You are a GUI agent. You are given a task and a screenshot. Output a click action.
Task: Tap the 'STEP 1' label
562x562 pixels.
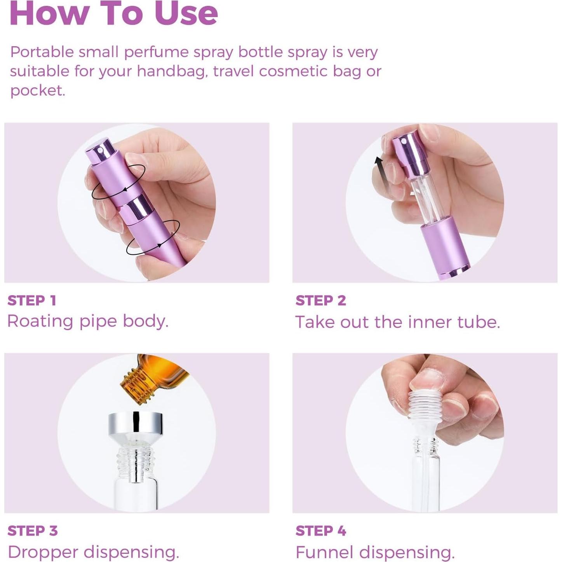(32, 300)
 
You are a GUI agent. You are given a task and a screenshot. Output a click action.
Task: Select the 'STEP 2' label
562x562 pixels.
(320, 300)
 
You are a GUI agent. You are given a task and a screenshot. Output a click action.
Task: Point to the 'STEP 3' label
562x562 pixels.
(33, 531)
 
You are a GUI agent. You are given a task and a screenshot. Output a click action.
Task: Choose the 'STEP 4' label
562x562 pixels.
(321, 531)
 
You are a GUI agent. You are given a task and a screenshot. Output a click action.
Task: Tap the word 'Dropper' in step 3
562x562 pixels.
(43, 552)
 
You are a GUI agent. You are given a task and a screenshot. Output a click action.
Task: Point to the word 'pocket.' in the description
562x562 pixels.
(38, 90)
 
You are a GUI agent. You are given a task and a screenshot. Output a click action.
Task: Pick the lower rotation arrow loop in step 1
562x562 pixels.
(153, 237)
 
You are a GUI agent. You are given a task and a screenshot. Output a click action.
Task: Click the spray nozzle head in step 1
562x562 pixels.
(100, 150)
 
